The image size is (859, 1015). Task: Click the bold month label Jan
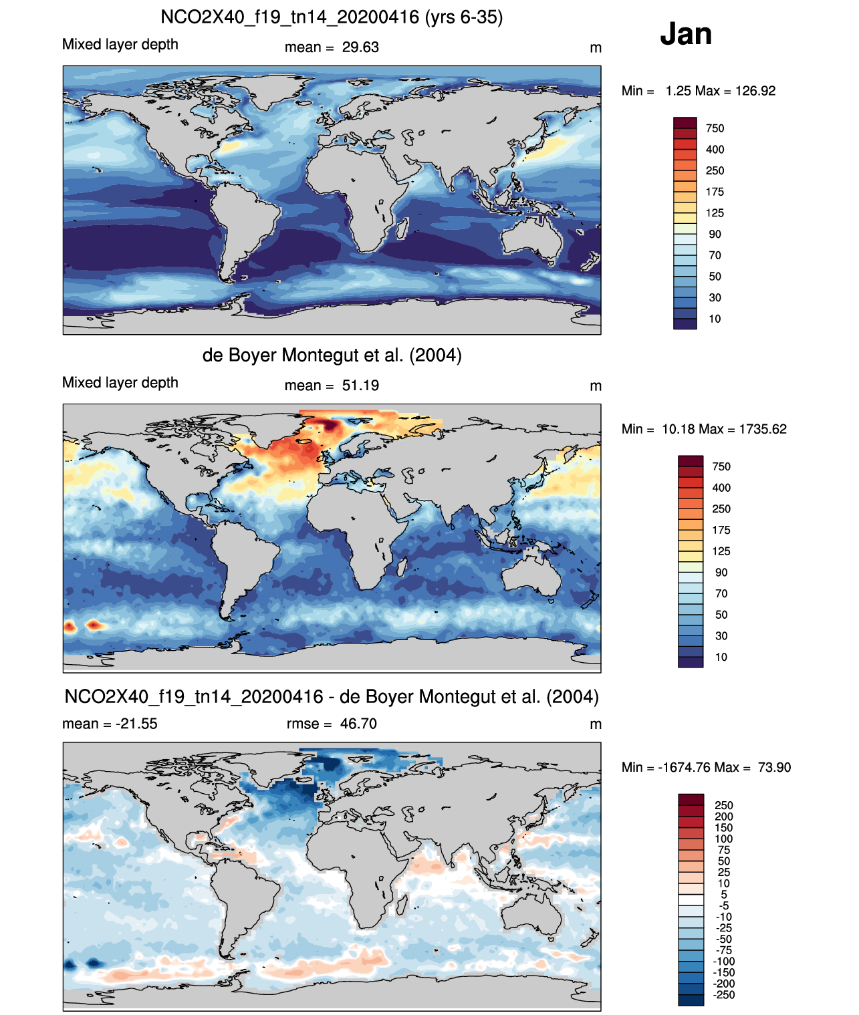click(x=686, y=34)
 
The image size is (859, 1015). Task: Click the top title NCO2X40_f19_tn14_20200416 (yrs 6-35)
click(x=332, y=17)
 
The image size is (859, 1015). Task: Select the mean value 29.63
click(x=360, y=47)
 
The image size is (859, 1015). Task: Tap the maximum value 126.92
click(x=755, y=91)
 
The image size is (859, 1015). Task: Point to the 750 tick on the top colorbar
click(x=715, y=128)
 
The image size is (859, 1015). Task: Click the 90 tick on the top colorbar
click(x=715, y=235)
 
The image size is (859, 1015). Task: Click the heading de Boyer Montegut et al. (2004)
click(x=332, y=355)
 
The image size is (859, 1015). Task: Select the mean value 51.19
click(x=360, y=386)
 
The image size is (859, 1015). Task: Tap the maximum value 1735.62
click(x=763, y=429)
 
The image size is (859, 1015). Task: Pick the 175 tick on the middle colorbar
click(x=721, y=530)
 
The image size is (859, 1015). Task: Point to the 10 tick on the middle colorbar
click(x=721, y=657)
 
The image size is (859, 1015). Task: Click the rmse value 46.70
click(x=358, y=724)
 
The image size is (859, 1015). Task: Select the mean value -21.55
click(x=136, y=724)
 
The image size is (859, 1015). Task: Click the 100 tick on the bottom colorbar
click(x=723, y=839)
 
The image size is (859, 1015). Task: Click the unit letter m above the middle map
click(x=595, y=386)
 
